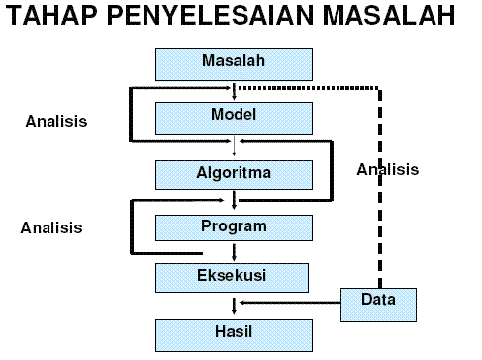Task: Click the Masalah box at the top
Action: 234,63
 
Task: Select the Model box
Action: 234,117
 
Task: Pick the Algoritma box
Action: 234,174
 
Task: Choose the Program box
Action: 234,227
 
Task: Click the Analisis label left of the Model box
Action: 56,122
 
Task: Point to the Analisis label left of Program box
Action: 51,227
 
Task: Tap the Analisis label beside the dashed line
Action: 388,170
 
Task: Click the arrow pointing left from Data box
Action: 287,303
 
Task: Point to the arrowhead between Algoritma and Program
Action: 234,205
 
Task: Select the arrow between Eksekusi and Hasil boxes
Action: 234,306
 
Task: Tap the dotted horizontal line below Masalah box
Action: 307,87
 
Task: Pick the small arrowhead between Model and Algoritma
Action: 234,151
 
